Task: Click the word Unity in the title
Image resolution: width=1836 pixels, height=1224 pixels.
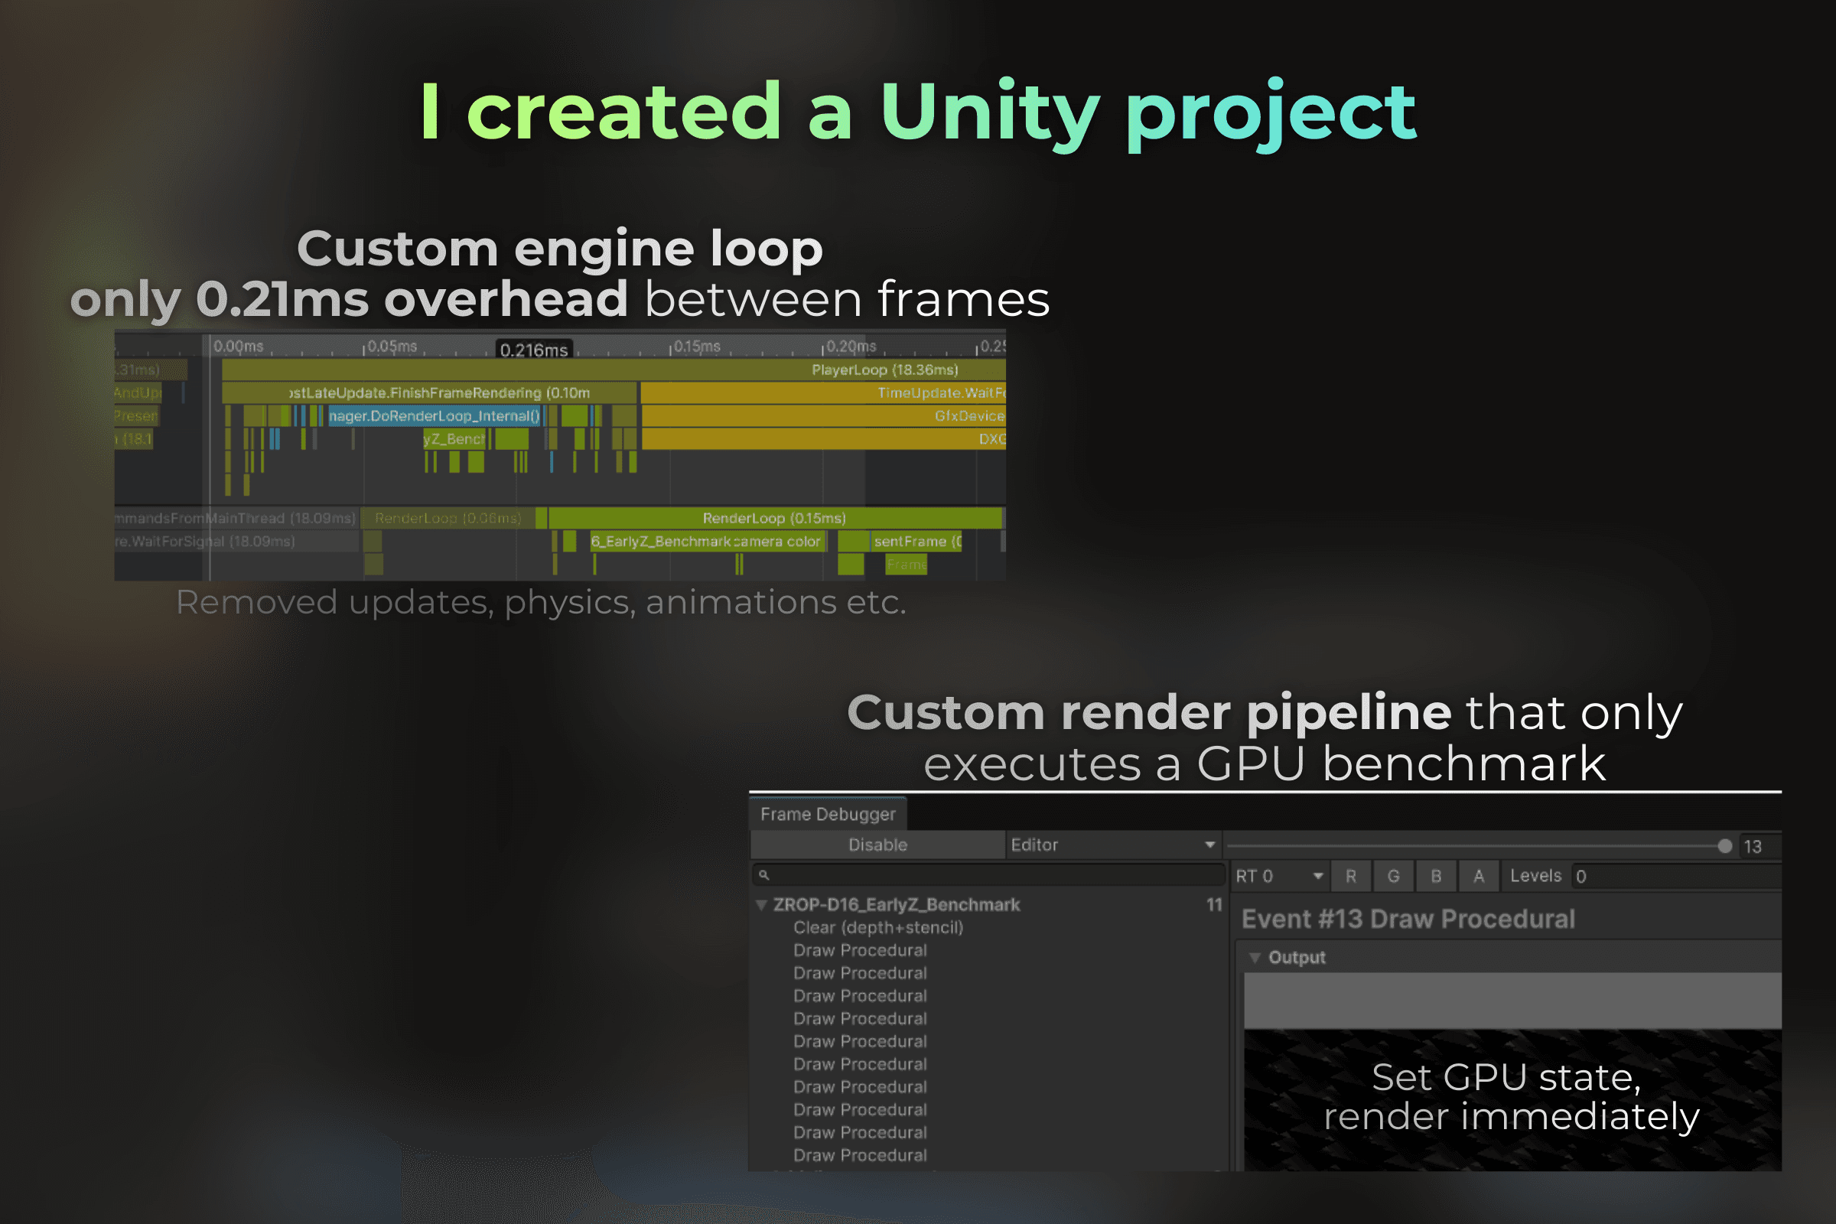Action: [x=990, y=114]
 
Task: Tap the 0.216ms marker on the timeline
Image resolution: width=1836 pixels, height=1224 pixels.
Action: [x=534, y=350]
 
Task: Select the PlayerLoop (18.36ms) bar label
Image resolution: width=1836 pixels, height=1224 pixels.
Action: [x=884, y=370]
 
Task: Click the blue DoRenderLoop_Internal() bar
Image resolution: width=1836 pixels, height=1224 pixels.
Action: [x=434, y=416]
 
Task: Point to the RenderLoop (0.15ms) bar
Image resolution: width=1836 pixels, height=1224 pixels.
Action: [x=773, y=519]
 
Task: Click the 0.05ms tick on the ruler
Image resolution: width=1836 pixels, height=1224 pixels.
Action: [x=391, y=347]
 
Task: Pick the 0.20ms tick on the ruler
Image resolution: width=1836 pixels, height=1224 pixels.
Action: [x=850, y=347]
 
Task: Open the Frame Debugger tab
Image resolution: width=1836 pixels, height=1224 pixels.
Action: [x=828, y=814]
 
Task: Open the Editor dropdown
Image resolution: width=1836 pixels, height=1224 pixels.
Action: [x=1112, y=845]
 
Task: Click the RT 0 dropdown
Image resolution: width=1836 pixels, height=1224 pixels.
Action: [x=1278, y=876]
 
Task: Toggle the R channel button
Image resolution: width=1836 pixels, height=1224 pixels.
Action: [x=1350, y=876]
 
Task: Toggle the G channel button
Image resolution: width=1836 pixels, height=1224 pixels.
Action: [x=1393, y=876]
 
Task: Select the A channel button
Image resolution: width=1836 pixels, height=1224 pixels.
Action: [x=1479, y=876]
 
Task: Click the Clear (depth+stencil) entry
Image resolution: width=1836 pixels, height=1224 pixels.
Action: [x=878, y=927]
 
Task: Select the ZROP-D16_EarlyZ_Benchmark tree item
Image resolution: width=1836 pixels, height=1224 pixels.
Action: [x=896, y=905]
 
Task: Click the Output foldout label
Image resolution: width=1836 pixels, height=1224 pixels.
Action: [x=1297, y=957]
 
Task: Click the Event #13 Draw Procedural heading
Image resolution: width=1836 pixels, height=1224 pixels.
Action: [x=1408, y=919]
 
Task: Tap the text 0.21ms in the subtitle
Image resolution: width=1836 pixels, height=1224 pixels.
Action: [x=282, y=299]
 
